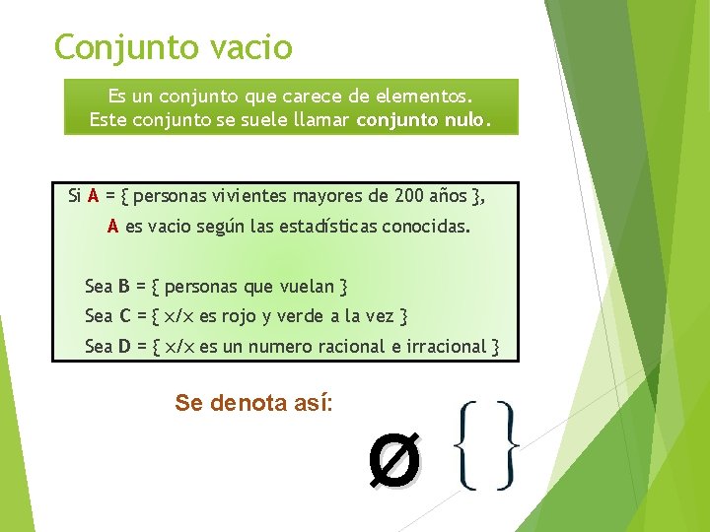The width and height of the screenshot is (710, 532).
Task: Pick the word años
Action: tap(448, 195)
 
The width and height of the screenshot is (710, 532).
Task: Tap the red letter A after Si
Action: tap(93, 195)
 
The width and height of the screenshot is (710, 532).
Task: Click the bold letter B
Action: tap(124, 287)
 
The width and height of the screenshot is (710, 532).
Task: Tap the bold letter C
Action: tap(124, 316)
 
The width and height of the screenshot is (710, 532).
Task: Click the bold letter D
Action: tap(124, 346)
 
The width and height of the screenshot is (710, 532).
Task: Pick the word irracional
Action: tap(446, 346)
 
